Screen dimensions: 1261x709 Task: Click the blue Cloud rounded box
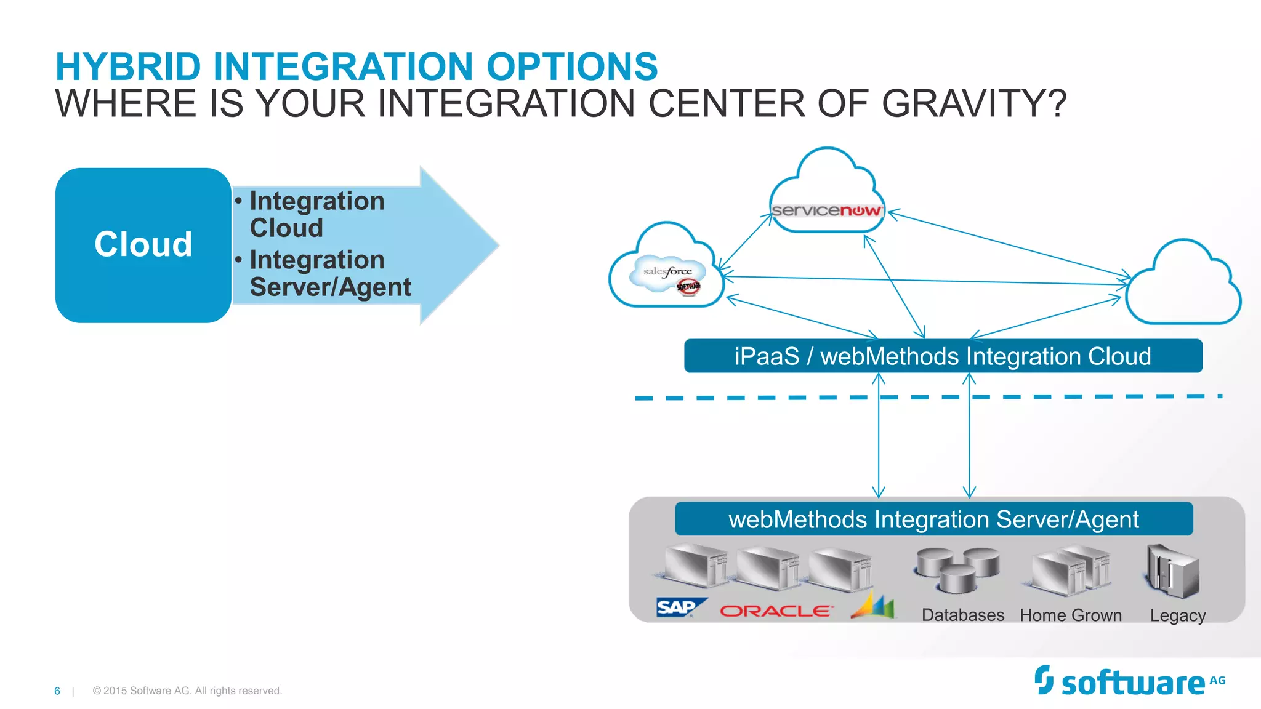143,244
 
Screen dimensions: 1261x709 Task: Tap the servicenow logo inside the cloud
826,210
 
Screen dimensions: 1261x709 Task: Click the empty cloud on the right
1183,287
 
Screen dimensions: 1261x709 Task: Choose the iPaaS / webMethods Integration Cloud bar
943,356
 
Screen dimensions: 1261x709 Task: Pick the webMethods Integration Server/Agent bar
933,519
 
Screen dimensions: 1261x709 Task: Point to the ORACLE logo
776,611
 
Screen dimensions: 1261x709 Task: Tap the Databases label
962,615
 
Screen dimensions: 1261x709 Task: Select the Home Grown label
1070,615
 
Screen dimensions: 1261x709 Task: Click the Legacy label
1177,615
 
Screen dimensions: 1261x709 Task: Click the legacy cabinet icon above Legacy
1172,571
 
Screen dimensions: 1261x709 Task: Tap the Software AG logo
1129,682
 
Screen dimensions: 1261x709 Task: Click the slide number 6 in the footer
57,691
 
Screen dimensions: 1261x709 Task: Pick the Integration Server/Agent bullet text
330,273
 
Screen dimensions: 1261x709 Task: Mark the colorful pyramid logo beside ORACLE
874,606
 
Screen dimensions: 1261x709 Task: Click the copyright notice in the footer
187,691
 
